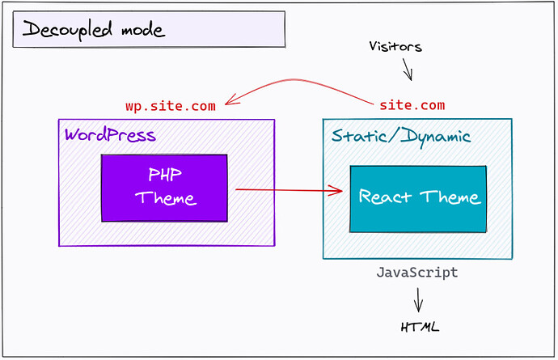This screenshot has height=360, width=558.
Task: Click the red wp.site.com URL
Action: click(x=170, y=106)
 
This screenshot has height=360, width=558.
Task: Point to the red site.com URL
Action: click(x=412, y=106)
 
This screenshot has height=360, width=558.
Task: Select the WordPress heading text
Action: click(x=110, y=133)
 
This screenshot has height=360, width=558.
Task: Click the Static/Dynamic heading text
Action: click(x=401, y=136)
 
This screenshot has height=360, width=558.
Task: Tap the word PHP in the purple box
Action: click(x=165, y=174)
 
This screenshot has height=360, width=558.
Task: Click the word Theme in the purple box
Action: click(x=165, y=197)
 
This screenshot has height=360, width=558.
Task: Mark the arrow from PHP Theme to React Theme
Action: click(x=287, y=190)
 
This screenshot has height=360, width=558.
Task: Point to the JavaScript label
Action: click(x=416, y=273)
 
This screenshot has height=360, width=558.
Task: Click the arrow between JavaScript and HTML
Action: click(x=418, y=302)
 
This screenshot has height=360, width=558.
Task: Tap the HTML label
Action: click(x=421, y=328)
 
